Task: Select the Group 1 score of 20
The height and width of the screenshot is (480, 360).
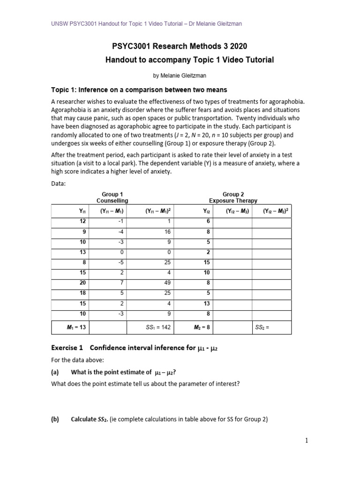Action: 83,283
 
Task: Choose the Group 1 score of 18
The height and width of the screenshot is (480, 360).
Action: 83,293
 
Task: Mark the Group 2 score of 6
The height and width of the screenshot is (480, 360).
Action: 208,221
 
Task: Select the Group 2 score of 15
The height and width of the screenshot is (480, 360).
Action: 207,262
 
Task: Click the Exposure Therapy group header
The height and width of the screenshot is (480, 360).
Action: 233,201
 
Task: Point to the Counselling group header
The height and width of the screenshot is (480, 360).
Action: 112,201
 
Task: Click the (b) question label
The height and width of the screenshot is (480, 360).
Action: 54,419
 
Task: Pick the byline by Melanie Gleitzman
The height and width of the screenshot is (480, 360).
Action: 179,75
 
